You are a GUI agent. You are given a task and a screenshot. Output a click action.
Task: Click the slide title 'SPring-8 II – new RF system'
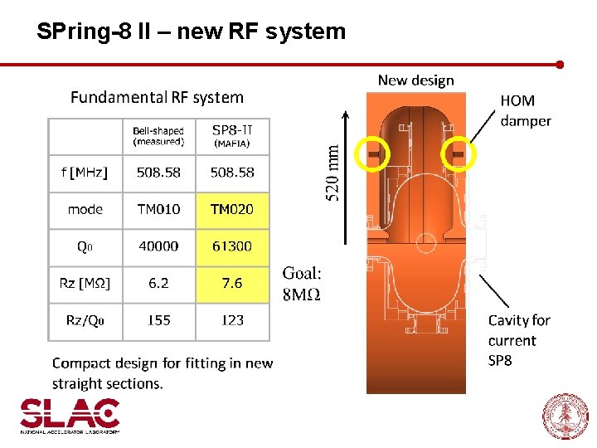point(191,32)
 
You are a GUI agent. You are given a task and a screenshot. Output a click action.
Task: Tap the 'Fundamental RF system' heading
point(157,97)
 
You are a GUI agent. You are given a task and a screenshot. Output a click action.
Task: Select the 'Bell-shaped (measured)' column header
point(158,136)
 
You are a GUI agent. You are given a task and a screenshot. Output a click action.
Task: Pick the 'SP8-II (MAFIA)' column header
point(232,136)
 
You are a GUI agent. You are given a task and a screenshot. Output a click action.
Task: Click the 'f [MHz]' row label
point(85,173)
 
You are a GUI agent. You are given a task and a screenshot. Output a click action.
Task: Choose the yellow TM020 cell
point(232,209)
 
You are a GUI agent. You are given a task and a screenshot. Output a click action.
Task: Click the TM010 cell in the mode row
point(158,209)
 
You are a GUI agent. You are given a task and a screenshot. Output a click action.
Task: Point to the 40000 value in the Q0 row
point(158,246)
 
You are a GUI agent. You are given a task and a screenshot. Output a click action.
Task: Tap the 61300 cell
point(232,246)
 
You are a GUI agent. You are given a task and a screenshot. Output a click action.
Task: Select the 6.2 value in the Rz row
point(158,283)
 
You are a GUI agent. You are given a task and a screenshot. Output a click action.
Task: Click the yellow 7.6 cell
point(232,283)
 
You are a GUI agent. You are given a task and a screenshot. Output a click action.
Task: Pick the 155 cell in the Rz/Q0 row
point(158,319)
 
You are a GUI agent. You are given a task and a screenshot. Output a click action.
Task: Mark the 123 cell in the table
point(232,319)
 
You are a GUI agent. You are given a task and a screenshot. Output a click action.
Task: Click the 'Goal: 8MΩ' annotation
point(302,283)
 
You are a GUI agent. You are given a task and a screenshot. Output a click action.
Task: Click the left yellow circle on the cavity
point(373,153)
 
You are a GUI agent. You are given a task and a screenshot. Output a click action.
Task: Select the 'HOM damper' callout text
point(525,110)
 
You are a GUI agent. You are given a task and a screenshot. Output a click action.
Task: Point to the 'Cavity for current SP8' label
point(519,340)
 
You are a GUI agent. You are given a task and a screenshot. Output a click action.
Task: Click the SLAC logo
point(70,415)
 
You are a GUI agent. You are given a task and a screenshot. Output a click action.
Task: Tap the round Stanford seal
point(565,416)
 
